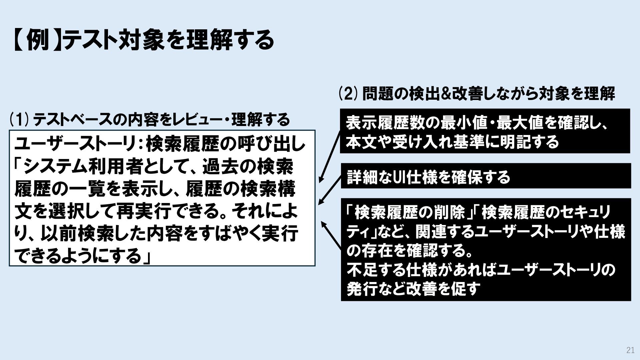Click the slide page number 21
[630, 350]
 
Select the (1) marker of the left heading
[19, 119]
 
